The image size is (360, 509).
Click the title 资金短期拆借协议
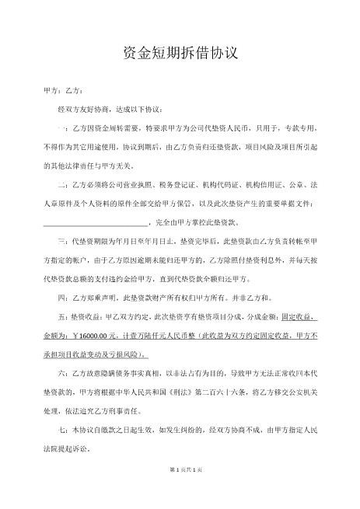coord(180,54)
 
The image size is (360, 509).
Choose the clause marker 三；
coord(64,241)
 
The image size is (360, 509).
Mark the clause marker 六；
coord(64,372)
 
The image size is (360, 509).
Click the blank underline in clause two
coord(100,222)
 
